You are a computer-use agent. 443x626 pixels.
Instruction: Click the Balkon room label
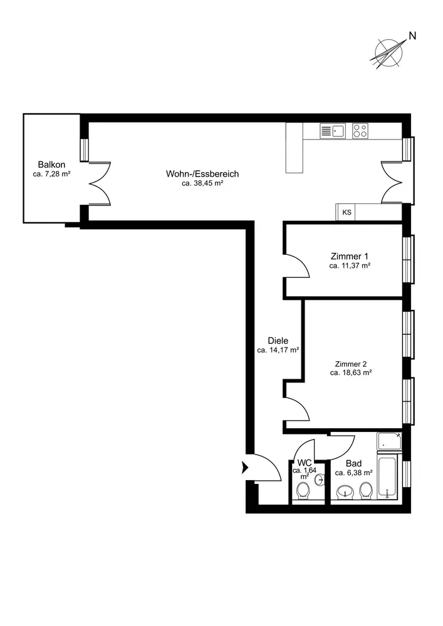(51, 165)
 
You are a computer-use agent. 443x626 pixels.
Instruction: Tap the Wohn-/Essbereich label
(202, 174)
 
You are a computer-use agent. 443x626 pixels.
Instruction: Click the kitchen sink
(332, 131)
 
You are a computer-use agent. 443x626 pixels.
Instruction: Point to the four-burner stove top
(360, 131)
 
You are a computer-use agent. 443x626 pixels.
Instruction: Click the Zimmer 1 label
(350, 256)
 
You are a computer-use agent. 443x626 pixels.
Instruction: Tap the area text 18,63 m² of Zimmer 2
(351, 373)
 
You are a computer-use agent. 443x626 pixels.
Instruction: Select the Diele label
(278, 341)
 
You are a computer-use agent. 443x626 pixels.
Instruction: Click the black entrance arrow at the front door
(245, 467)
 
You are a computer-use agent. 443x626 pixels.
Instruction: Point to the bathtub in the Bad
(387, 477)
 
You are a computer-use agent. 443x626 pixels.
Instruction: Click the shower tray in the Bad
(389, 441)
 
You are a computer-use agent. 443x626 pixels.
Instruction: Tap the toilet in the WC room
(303, 491)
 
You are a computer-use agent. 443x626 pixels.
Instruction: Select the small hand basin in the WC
(320, 480)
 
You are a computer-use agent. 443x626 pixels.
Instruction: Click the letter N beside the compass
(413, 36)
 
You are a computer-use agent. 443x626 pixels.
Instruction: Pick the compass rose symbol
(387, 53)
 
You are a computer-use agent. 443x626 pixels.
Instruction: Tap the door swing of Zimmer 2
(296, 409)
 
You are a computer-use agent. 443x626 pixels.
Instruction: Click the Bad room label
(353, 463)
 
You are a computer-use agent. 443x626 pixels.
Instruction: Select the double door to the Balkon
(99, 183)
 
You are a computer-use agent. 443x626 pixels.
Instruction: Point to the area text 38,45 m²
(202, 183)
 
